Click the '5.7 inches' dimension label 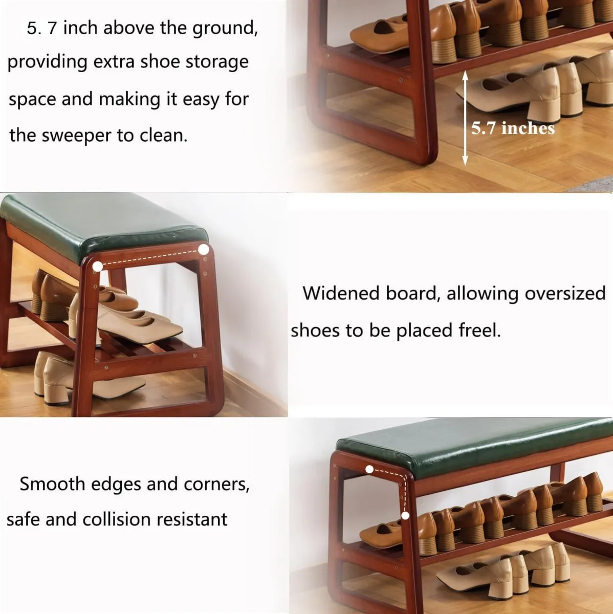[x=513, y=128]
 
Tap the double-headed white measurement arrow [x=465, y=118]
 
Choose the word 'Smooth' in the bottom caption [x=52, y=484]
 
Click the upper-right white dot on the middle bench [x=204, y=250]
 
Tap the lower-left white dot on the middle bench [x=97, y=267]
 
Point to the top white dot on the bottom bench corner [x=369, y=469]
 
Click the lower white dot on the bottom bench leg [x=405, y=516]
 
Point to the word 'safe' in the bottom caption [x=24, y=520]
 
